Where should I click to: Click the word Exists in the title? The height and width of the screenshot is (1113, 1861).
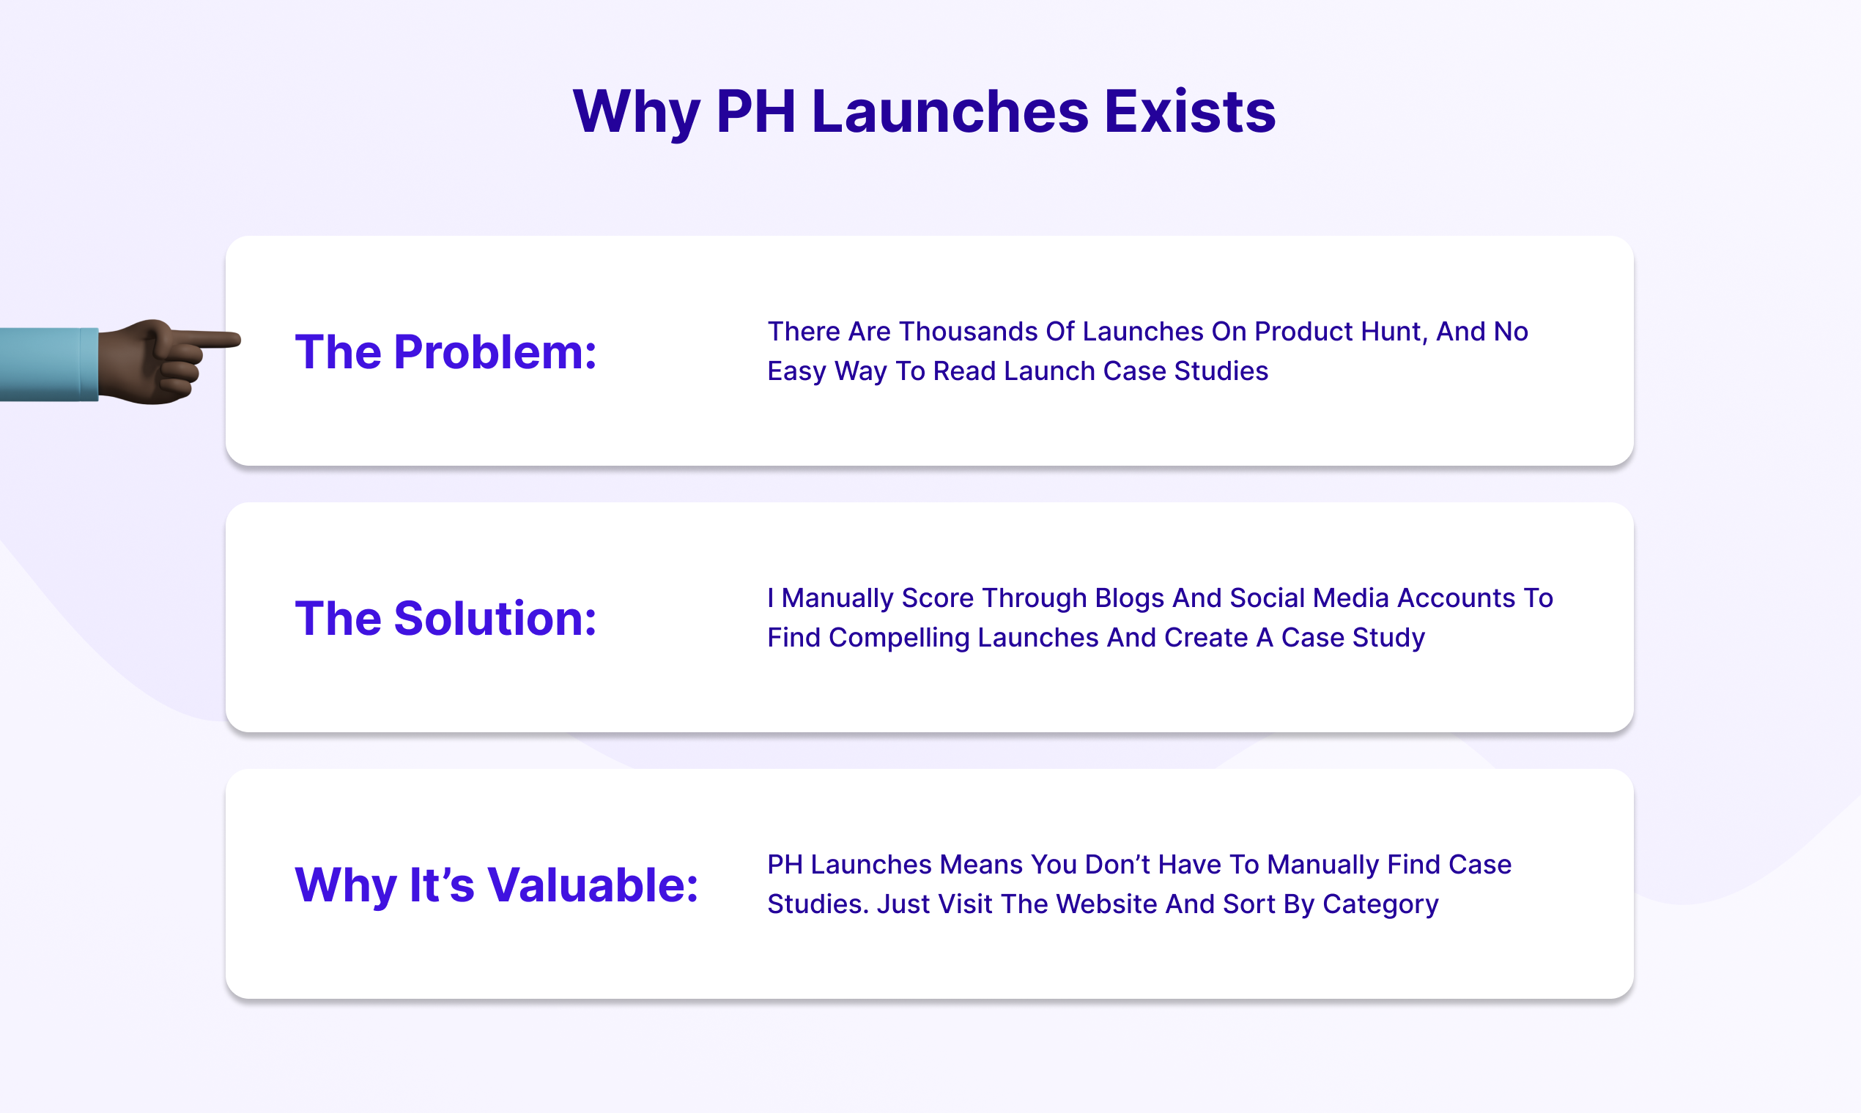(x=1189, y=112)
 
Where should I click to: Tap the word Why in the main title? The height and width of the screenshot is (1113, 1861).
(x=634, y=112)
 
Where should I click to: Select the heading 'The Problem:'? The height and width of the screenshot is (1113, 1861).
(x=445, y=351)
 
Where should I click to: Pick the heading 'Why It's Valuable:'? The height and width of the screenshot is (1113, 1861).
(x=496, y=885)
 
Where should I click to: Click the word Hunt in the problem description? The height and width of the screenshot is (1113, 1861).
(x=1394, y=332)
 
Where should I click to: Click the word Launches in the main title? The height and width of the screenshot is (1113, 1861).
(x=950, y=112)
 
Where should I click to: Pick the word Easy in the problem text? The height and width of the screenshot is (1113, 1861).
(x=796, y=371)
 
